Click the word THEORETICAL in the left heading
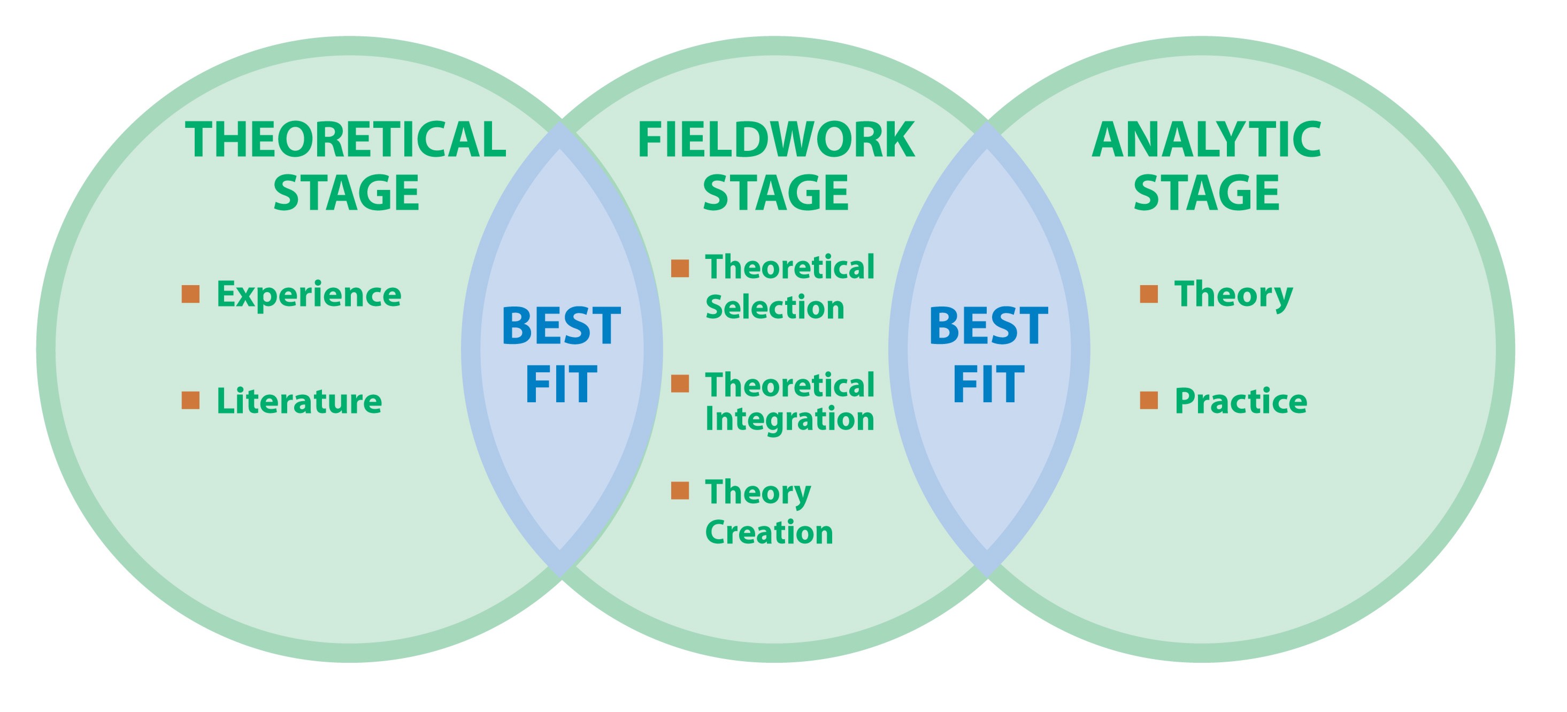(345, 140)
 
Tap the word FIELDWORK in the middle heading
(775, 140)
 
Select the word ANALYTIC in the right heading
(1207, 140)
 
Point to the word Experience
(309, 295)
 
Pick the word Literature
(299, 402)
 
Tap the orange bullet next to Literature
(190, 401)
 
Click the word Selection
(775, 307)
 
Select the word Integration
(789, 419)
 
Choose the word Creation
(769, 532)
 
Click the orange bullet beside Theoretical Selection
(680, 269)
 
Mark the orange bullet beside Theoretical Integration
(680, 384)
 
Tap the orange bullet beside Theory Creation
(680, 491)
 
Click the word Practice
(1241, 402)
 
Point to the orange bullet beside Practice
(1148, 401)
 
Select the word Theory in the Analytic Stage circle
(1233, 295)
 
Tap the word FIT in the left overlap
(561, 384)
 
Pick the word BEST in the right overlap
(988, 327)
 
